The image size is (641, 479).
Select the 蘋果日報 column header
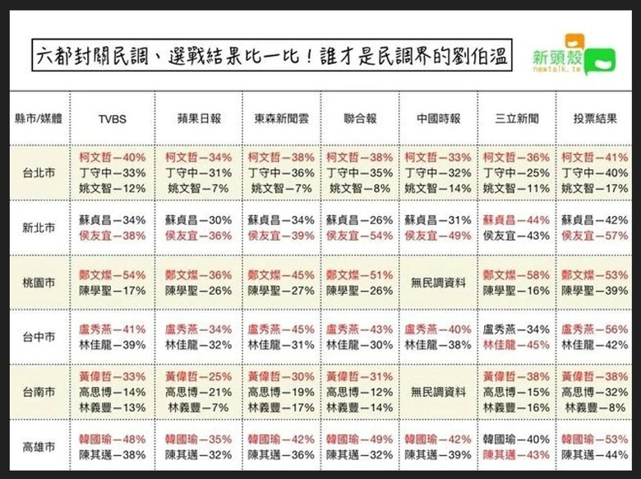click(200, 118)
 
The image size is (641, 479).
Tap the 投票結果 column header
click(595, 118)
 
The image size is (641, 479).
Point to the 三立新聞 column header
click(517, 118)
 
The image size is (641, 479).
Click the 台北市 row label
click(39, 173)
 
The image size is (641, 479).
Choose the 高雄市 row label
click(39, 447)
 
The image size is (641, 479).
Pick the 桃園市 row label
click(39, 282)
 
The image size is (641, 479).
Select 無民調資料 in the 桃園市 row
click(437, 282)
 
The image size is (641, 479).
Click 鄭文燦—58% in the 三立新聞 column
click(516, 274)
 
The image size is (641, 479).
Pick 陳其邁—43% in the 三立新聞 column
click(516, 454)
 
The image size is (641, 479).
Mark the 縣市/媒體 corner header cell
click(39, 118)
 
